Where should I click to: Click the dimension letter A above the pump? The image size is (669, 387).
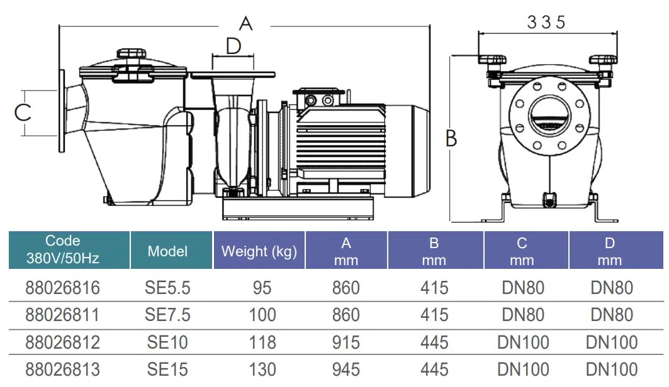(x=245, y=24)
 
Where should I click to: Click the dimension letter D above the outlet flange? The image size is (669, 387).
(x=233, y=46)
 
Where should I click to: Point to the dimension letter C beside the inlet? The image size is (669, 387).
(x=23, y=112)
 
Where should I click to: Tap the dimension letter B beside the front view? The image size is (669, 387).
(x=451, y=138)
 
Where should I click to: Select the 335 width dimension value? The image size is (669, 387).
(x=546, y=22)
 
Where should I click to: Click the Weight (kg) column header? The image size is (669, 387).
(x=259, y=252)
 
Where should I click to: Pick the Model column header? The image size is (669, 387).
(x=167, y=251)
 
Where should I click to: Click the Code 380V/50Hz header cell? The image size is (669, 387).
(x=63, y=249)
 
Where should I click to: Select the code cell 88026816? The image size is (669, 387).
(x=62, y=288)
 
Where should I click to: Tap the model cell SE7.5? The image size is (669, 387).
(x=167, y=315)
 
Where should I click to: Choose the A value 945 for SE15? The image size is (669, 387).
(x=346, y=369)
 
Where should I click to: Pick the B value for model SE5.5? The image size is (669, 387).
(x=434, y=288)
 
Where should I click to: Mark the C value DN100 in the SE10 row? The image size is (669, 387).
(x=522, y=342)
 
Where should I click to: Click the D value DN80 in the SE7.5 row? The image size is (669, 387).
(x=612, y=315)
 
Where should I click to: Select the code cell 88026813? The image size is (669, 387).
(x=62, y=369)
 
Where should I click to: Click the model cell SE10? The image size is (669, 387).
(x=167, y=342)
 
